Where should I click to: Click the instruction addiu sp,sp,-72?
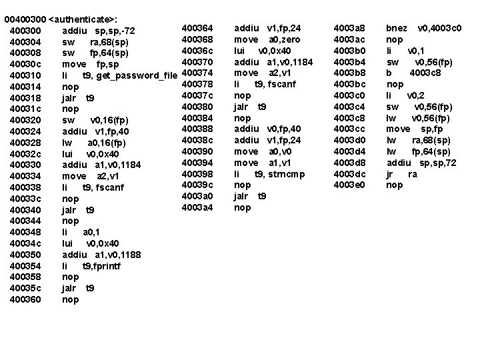[98, 31]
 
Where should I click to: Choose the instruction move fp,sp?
[87, 64]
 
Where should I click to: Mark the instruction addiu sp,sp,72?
[423, 162]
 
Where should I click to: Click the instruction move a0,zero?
[265, 39]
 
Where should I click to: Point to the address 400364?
[197, 28]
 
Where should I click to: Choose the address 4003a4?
[197, 207]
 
